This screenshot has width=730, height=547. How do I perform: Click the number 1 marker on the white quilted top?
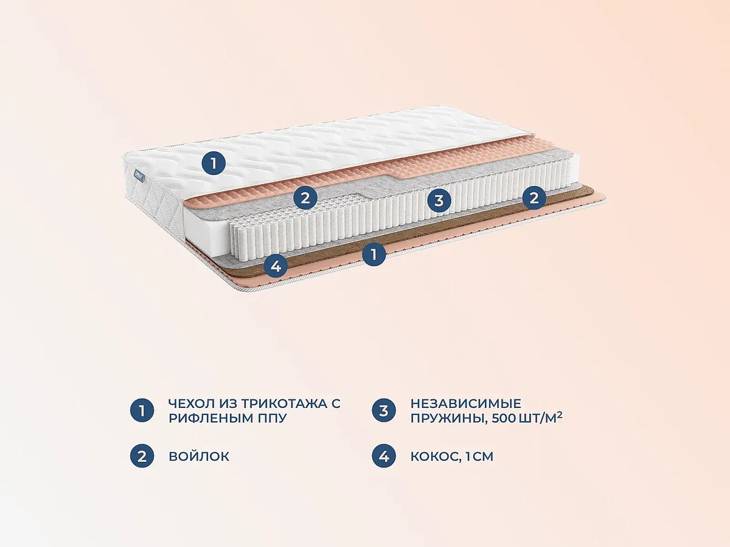click(x=213, y=163)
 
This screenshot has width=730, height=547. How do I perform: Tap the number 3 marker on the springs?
click(x=439, y=199)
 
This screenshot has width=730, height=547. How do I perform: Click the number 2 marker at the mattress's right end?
click(x=534, y=198)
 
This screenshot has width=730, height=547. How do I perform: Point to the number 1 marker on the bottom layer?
click(x=374, y=253)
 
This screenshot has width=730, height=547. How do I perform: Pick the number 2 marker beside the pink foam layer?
click(x=305, y=197)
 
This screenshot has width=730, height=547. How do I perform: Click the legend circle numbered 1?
click(x=142, y=411)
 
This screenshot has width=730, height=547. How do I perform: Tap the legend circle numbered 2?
click(x=142, y=456)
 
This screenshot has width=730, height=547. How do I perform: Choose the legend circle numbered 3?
click(x=383, y=411)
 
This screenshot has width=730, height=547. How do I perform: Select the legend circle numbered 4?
click(x=383, y=456)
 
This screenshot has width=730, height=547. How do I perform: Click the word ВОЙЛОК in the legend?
click(x=199, y=456)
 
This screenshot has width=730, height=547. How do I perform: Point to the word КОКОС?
click(x=432, y=456)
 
